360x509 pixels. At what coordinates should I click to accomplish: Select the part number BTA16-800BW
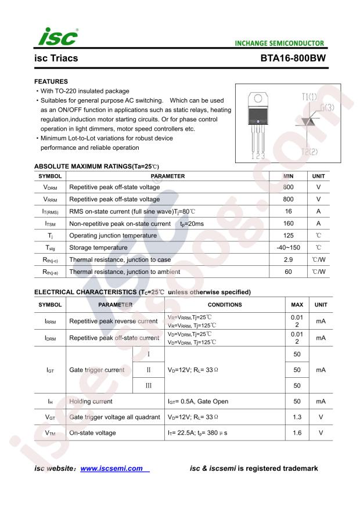293,59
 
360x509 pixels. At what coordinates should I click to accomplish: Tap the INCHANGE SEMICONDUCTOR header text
280,44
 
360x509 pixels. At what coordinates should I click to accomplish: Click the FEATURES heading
51,82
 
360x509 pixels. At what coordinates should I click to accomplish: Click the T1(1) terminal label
309,96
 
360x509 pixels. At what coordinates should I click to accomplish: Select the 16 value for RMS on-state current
288,212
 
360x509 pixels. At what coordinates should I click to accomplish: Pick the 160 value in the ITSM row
288,223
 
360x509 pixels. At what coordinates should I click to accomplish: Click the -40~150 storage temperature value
288,248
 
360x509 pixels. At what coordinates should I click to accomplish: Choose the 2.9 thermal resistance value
288,259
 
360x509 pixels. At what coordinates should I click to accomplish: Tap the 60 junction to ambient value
288,272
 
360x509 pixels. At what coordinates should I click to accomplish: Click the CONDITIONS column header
224,305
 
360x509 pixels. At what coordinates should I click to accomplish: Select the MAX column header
297,305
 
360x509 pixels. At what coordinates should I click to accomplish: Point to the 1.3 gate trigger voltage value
297,417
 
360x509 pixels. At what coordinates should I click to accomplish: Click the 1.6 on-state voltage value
297,432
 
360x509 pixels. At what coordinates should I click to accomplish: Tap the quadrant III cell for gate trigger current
149,385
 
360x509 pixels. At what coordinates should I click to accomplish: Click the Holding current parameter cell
91,401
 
